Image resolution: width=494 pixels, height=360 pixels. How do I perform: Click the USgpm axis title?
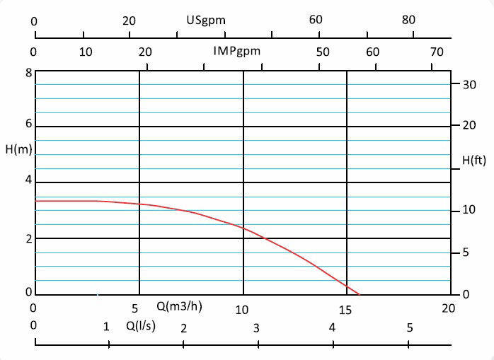(206, 20)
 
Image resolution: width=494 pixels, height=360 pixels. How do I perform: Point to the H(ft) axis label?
(474, 161)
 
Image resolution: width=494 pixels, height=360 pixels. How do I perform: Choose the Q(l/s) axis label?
(142, 326)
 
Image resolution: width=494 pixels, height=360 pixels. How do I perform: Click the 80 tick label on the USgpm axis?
(409, 21)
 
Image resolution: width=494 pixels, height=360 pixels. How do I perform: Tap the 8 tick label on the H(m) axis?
(28, 73)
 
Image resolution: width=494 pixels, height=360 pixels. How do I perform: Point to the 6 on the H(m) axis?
(28, 123)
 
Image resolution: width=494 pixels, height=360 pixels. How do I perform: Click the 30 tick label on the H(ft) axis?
(468, 84)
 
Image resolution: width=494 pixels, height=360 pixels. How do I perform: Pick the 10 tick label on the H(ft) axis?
(468, 211)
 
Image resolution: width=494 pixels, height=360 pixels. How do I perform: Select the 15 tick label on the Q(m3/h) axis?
(345, 309)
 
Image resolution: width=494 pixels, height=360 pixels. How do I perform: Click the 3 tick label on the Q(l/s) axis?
(257, 327)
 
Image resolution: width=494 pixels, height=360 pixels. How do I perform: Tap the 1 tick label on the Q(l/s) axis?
(107, 327)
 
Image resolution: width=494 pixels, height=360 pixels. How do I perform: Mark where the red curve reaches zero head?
(359, 294)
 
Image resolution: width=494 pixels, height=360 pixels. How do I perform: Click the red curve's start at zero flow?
(35, 201)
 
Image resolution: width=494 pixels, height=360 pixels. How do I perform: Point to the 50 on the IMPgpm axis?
(323, 52)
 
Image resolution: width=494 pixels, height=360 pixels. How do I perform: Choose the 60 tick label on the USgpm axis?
(316, 21)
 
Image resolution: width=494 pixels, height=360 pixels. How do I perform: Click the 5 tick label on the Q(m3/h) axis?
(135, 309)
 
